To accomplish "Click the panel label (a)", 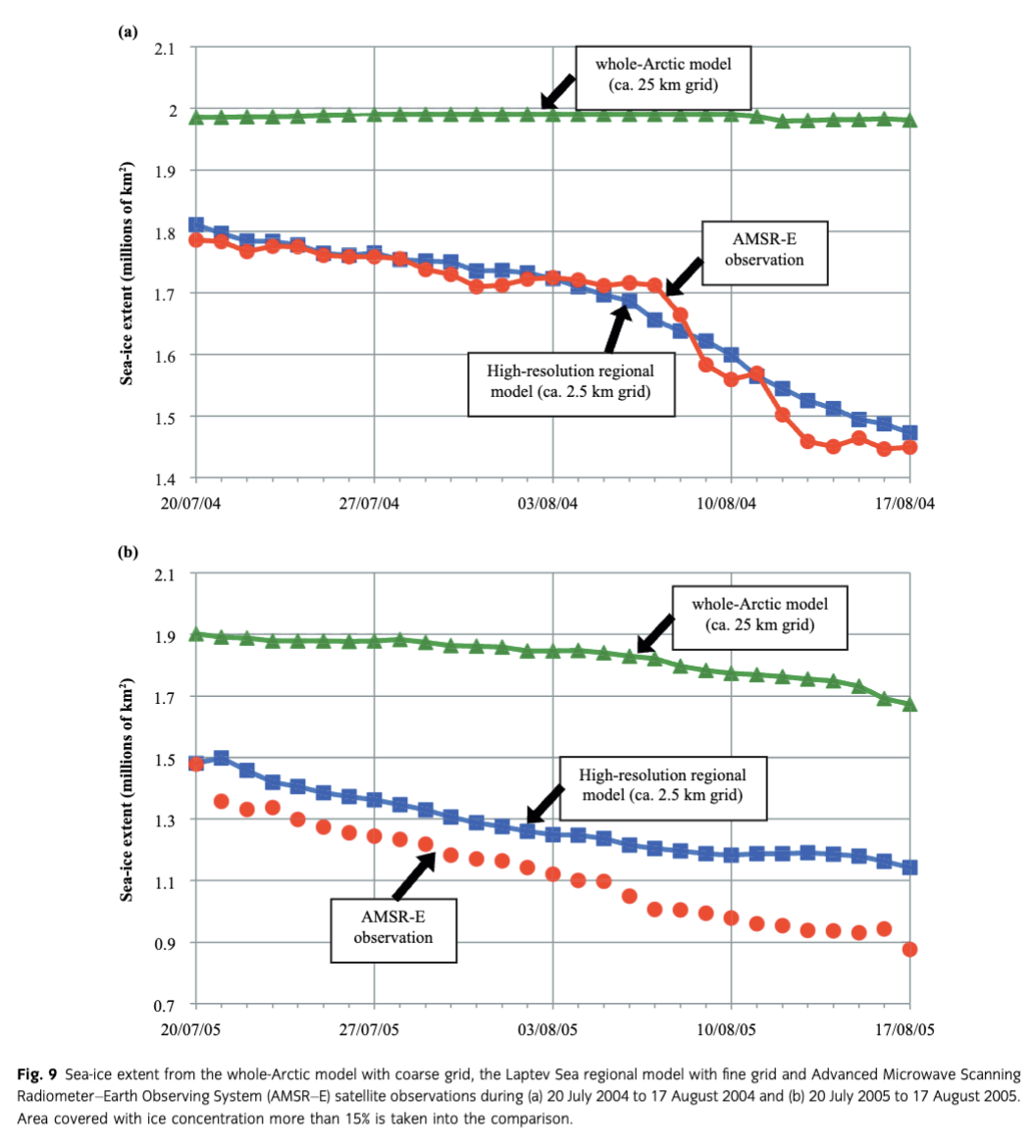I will click(x=128, y=31).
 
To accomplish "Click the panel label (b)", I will click(x=129, y=551).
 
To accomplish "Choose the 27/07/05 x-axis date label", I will click(x=374, y=1030).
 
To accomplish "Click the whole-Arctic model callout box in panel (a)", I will click(x=663, y=75).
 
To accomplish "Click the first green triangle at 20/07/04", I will click(x=196, y=118).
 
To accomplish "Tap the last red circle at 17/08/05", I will click(x=910, y=949).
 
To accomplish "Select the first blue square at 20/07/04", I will click(x=196, y=225).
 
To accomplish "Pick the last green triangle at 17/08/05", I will click(x=910, y=705).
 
